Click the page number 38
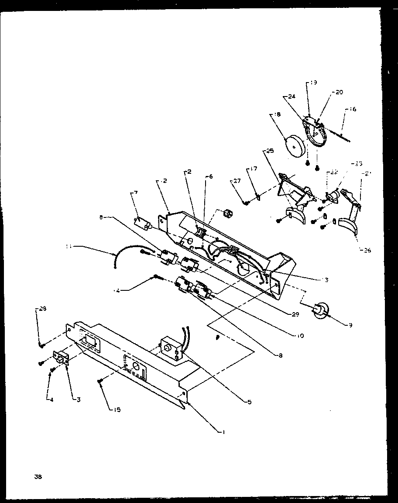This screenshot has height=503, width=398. (x=38, y=476)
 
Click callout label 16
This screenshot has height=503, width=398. (x=353, y=109)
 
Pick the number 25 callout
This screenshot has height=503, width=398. (x=269, y=151)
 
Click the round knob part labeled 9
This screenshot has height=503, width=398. (x=321, y=310)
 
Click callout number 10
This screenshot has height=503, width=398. (x=300, y=336)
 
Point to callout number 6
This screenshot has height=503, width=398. (x=211, y=176)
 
